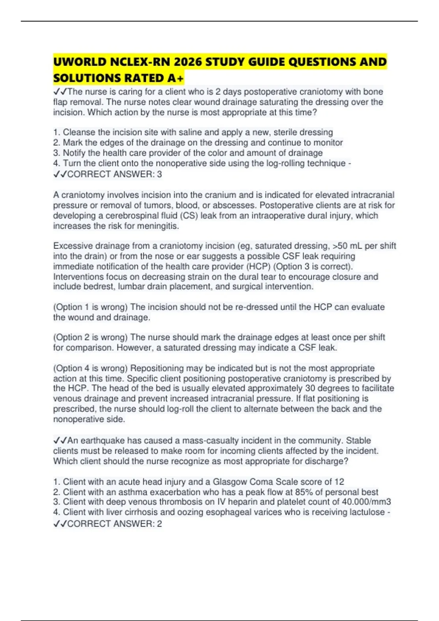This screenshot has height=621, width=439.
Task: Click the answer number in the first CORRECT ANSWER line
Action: [x=159, y=174]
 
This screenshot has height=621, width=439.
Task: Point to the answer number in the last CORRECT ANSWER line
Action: [x=159, y=523]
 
